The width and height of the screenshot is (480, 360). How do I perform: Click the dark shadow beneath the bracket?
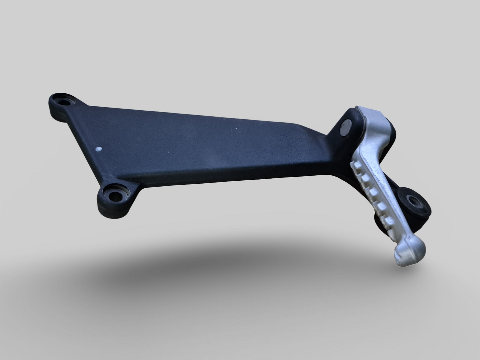click(233, 266)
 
